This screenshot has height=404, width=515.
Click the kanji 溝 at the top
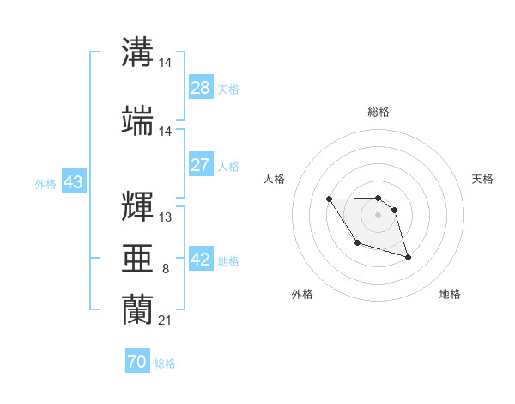coord(138,52)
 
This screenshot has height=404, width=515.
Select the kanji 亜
coord(138,259)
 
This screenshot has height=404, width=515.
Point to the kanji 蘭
coord(138,310)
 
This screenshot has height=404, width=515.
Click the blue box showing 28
coord(201,88)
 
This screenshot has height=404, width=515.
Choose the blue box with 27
coord(201,165)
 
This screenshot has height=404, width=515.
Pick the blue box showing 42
coord(201,260)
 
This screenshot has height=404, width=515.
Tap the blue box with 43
coord(73,182)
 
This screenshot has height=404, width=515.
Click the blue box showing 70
coord(137,362)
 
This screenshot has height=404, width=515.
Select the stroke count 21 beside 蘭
coord(165,321)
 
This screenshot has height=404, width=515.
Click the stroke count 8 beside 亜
coord(165,270)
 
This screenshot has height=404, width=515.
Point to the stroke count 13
coord(165,218)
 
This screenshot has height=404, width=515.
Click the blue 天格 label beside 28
coord(228,89)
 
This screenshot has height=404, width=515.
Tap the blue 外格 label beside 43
coord(45,183)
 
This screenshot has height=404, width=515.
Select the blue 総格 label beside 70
coord(165,363)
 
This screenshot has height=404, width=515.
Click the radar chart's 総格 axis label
coord(379,112)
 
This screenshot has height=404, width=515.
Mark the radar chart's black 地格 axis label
coord(450,295)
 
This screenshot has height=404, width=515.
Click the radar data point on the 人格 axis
coord(330,199)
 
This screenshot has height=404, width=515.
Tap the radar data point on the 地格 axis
coord(408,257)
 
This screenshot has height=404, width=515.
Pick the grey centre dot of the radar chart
coord(379,214)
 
